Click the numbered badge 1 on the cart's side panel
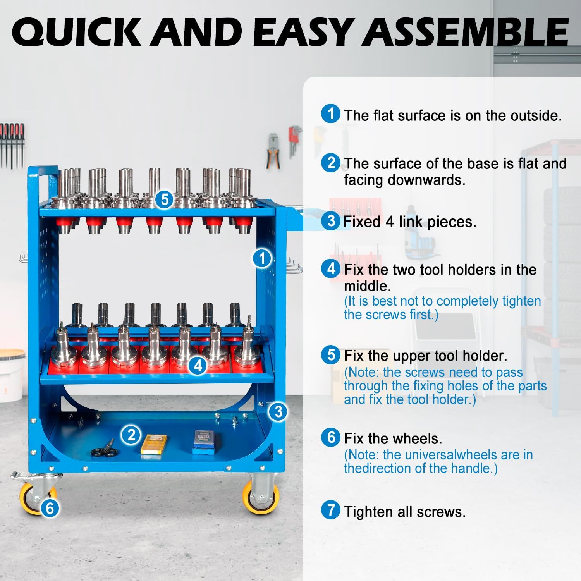point(262,258)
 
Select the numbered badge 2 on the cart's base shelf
point(131,435)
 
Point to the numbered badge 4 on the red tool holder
point(198,365)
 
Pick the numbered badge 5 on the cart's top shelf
point(165,199)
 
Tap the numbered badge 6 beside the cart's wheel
point(50,508)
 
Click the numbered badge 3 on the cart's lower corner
point(278,411)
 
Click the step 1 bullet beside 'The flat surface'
point(331,114)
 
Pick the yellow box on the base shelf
point(154,443)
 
